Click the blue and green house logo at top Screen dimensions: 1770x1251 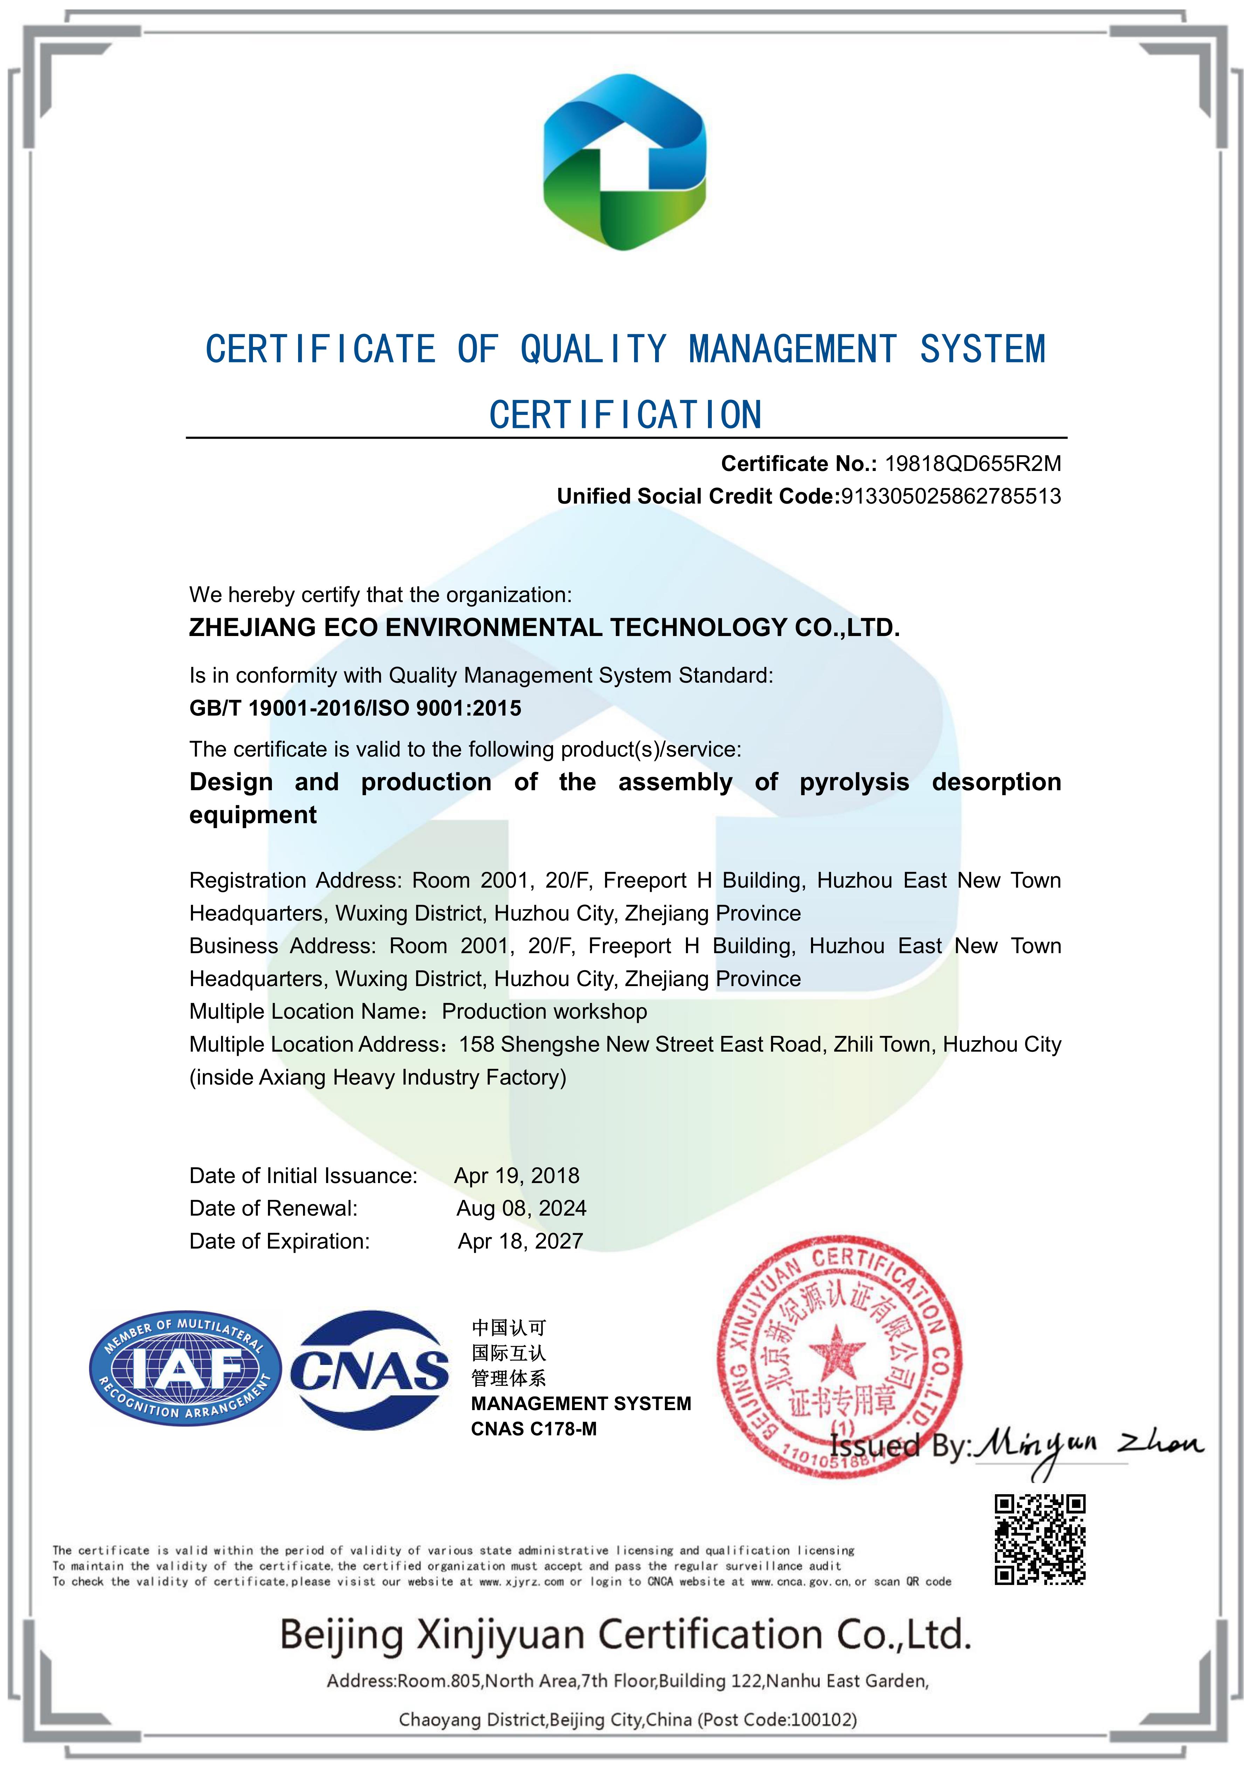[x=624, y=162]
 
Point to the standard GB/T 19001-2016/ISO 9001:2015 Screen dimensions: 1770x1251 [x=355, y=709]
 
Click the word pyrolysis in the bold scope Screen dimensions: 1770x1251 [x=854, y=783]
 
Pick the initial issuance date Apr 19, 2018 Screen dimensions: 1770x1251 [x=516, y=1176]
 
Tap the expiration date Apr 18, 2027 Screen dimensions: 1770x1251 [x=520, y=1241]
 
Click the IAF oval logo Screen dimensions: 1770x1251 [x=185, y=1368]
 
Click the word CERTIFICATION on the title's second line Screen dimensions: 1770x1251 [x=625, y=415]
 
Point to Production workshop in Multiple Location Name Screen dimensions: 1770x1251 [x=544, y=1011]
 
